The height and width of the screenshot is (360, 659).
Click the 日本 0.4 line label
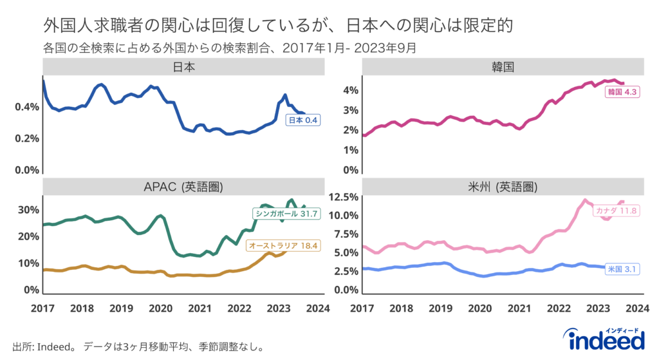tap(303, 120)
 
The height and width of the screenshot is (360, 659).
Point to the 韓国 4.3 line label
tap(622, 93)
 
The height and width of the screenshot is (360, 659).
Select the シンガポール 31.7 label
tap(287, 214)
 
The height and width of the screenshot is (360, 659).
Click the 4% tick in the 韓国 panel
tap(350, 90)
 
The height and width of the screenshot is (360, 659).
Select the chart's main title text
tap(278, 26)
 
